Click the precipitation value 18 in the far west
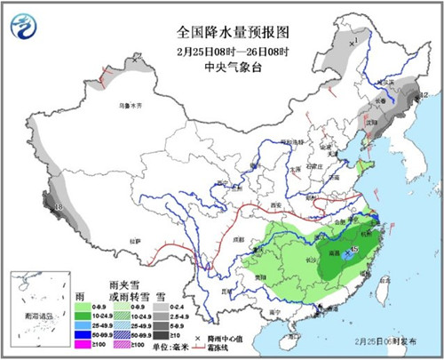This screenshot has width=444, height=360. [x=59, y=208]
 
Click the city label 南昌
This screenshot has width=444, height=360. [x=335, y=252]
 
